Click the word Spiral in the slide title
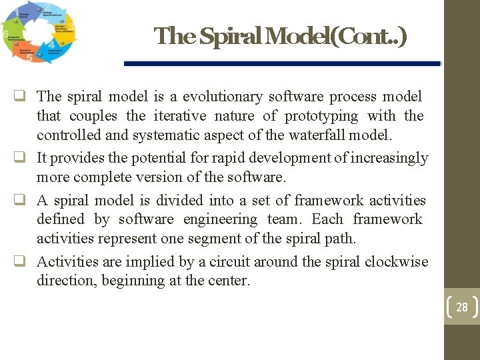[x=229, y=37]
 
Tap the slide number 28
[x=461, y=307]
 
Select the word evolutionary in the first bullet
[x=225, y=97]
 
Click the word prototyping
[x=321, y=116]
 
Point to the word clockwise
[x=396, y=261]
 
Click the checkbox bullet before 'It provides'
[x=25, y=158]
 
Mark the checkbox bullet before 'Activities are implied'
[x=25, y=261]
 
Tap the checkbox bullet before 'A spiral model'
[x=25, y=200]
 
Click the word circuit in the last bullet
[x=231, y=261]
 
